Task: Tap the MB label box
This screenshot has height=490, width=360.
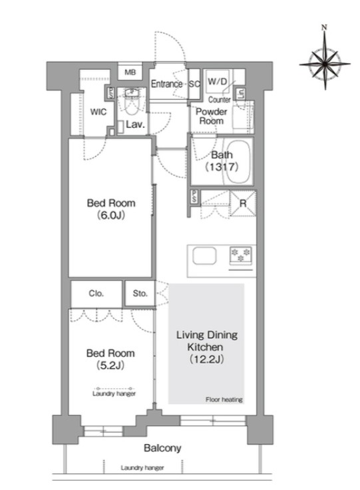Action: click(130, 71)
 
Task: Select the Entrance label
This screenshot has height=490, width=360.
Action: click(166, 84)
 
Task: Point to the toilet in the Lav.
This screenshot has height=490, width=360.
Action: click(132, 103)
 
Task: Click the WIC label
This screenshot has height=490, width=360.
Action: click(98, 112)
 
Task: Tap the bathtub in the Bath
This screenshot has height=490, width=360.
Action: click(238, 161)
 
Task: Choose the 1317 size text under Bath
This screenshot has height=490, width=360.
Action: click(222, 166)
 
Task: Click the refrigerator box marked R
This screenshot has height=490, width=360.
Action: click(243, 204)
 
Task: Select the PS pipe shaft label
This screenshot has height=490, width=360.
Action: click(194, 197)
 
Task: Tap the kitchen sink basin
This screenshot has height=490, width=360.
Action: click(204, 256)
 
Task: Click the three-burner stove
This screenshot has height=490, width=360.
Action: click(241, 255)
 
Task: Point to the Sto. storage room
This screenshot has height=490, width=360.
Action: click(140, 293)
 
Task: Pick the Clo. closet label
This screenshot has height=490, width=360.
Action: click(96, 294)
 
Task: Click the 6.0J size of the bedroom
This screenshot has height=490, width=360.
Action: click(110, 215)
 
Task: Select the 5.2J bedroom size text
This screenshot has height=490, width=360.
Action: click(110, 365)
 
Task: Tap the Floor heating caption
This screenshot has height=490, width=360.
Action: click(224, 399)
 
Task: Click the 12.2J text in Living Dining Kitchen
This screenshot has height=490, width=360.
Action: click(206, 359)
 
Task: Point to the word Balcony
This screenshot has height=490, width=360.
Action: click(162, 448)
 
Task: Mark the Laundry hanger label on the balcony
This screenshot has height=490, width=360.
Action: click(142, 468)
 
